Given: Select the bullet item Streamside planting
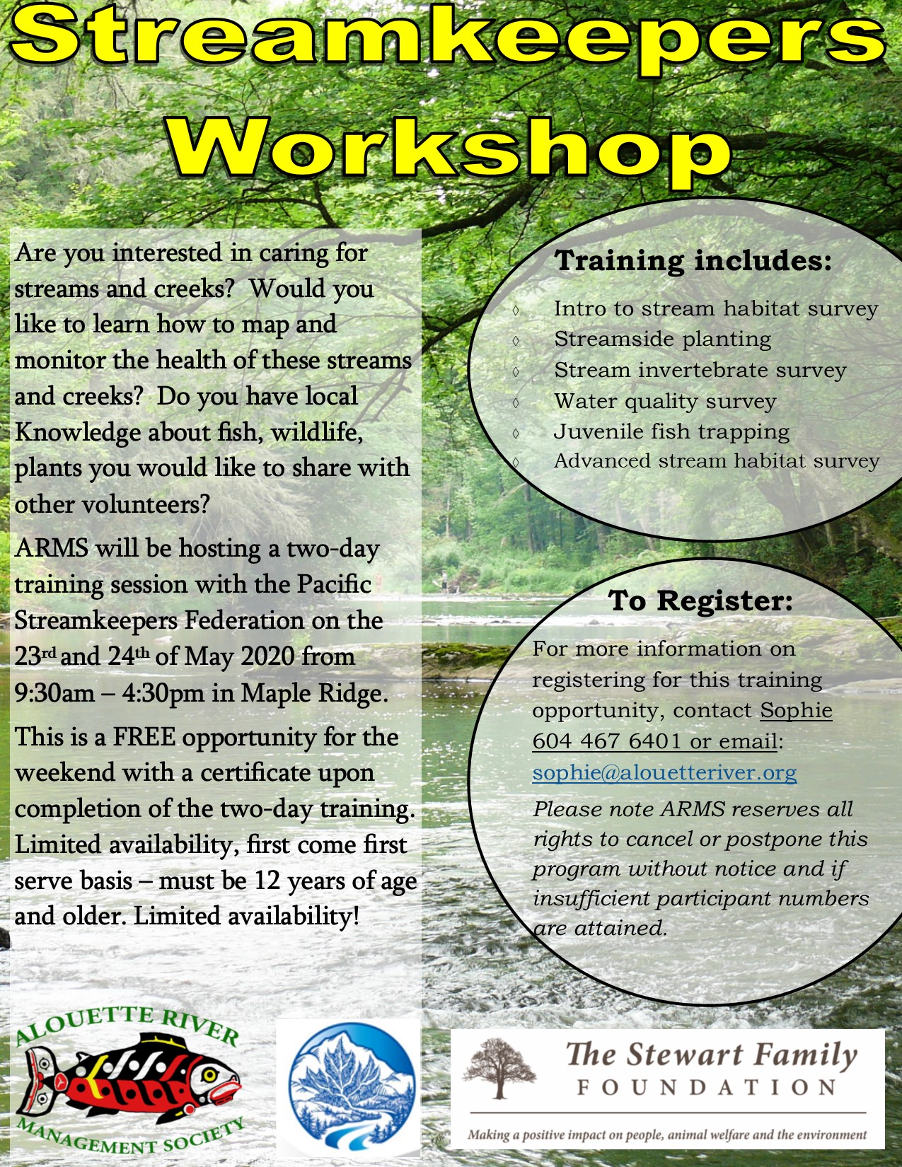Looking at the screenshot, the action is click(662, 339).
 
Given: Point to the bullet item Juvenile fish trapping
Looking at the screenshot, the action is click(671, 431).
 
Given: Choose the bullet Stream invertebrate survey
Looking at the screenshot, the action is click(700, 371).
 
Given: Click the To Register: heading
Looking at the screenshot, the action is click(700, 600).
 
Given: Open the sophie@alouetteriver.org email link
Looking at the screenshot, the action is click(664, 773).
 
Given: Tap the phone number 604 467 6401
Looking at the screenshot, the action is click(606, 742).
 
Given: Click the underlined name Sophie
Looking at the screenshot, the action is click(796, 711).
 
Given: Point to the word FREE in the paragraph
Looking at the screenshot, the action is click(144, 738).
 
